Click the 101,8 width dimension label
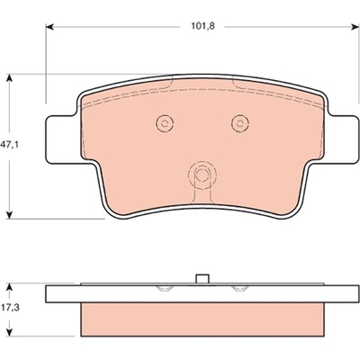pyautogui.click(x=203, y=26)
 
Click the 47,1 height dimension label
pyautogui.click(x=9, y=146)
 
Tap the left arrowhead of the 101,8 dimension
pyautogui.click(x=49, y=27)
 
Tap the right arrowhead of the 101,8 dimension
pyautogui.click(x=355, y=27)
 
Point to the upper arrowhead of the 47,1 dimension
pyautogui.click(x=10, y=78)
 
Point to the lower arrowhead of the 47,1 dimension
pyautogui.click(x=10, y=214)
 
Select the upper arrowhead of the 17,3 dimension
pyautogui.click(x=10, y=287)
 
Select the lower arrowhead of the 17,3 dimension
pyautogui.click(x=10, y=332)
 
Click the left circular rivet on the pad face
pyautogui.click(x=165, y=123)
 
